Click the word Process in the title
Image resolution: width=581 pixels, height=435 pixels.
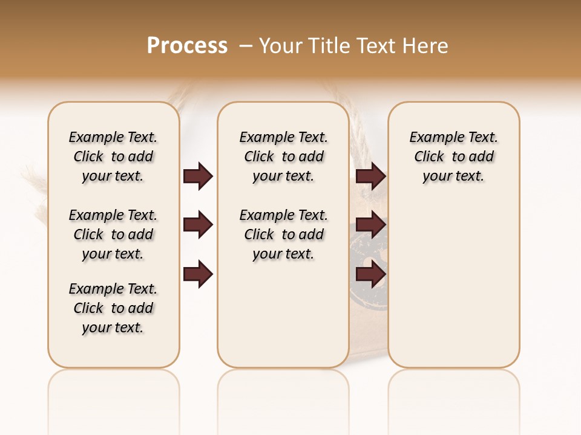pos(187,46)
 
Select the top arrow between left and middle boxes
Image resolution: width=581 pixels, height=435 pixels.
pos(198,176)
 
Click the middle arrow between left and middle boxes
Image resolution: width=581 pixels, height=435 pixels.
pos(198,225)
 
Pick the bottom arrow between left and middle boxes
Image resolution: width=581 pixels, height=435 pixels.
pos(198,274)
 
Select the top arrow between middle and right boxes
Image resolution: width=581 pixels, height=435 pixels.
pos(370,176)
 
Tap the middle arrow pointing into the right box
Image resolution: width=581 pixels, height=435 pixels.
pos(370,225)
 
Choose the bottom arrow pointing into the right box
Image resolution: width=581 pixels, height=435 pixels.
pos(370,274)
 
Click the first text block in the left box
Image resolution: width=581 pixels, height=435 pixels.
pos(113,156)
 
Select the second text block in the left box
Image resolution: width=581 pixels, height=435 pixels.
pos(113,234)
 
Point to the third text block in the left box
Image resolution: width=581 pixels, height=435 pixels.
pos(113,308)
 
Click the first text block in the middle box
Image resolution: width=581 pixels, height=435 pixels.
pos(283,156)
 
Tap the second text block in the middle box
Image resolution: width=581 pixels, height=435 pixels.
pos(283,234)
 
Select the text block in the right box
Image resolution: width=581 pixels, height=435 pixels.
pos(454,156)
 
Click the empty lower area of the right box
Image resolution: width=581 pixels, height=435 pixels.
pos(454,290)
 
